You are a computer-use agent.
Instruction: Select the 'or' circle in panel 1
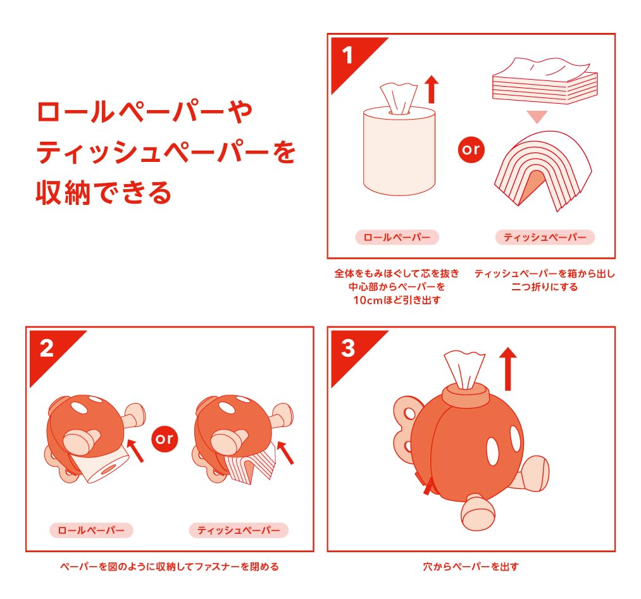tap(471, 149)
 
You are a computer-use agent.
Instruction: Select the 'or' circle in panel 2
tap(165, 439)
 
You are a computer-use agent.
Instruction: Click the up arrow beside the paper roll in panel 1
tap(432, 89)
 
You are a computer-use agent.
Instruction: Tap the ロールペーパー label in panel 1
tap(397, 237)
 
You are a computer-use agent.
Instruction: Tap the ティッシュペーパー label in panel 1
tap(545, 237)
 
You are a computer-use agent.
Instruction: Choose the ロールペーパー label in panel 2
tap(91, 530)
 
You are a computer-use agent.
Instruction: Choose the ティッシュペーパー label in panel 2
tap(239, 530)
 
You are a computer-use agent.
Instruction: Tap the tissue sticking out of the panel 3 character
tap(464, 369)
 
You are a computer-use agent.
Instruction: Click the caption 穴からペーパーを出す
tap(471, 567)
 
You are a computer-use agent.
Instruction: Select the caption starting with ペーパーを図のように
tap(170, 567)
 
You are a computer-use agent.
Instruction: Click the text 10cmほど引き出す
tap(397, 300)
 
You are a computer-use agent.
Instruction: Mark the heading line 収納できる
tap(103, 193)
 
